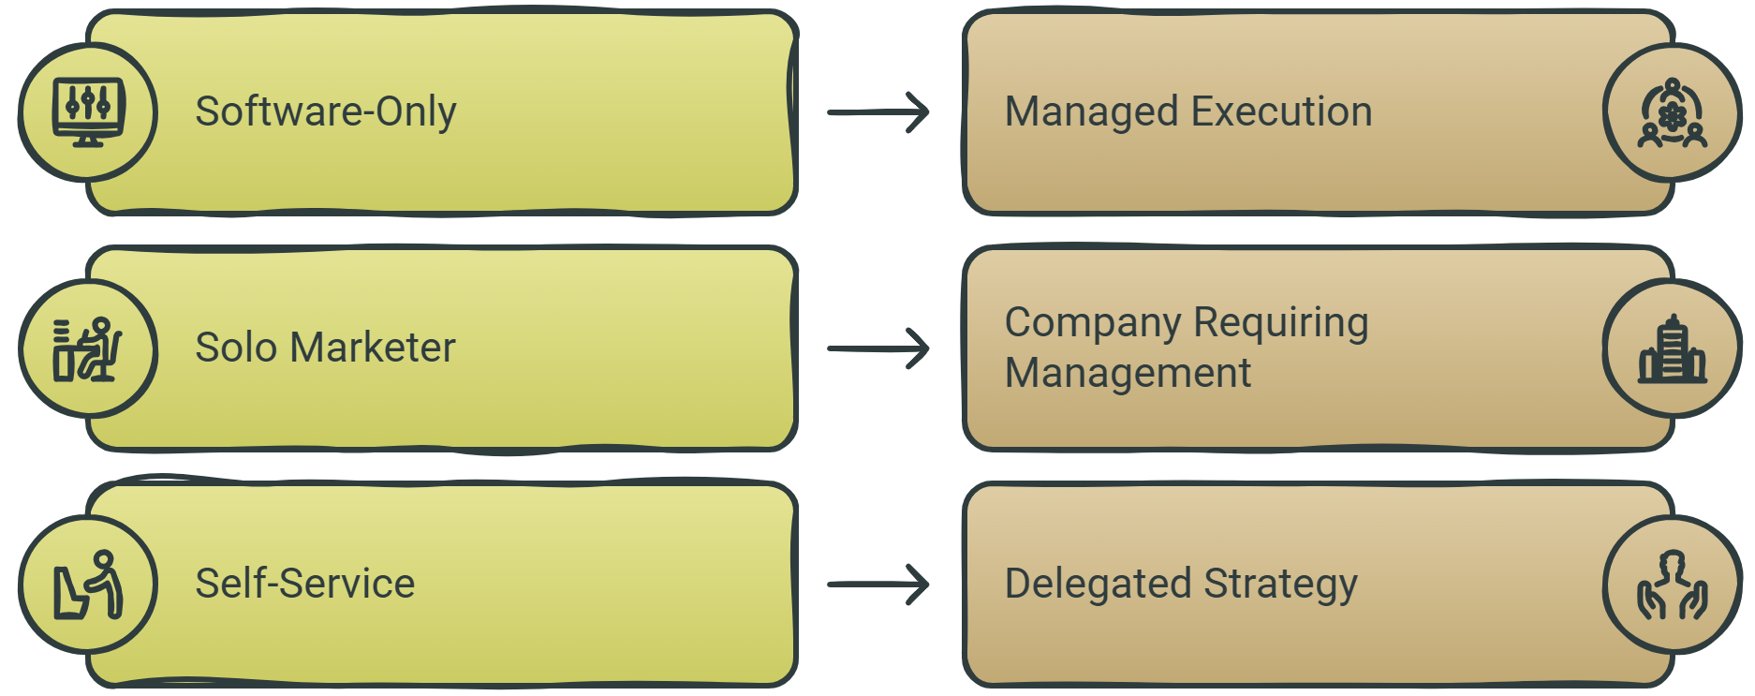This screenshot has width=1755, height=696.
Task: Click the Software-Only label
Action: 326,111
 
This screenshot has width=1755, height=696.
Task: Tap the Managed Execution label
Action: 1188,111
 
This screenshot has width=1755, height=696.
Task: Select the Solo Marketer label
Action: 325,348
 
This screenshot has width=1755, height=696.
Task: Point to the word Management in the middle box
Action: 1128,374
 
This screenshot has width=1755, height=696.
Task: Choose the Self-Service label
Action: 304,584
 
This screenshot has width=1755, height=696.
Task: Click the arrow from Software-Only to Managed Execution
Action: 878,112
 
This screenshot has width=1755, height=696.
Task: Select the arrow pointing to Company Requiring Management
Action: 878,348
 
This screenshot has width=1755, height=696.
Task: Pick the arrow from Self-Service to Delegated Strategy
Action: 878,585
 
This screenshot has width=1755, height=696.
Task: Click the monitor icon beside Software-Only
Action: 88,112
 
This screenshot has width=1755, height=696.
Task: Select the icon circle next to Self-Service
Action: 88,585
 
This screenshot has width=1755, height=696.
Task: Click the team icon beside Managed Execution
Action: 1673,112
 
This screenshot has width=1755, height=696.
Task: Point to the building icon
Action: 1673,348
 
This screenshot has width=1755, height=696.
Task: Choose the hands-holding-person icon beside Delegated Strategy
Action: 1673,585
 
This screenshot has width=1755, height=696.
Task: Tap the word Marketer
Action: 373,348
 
